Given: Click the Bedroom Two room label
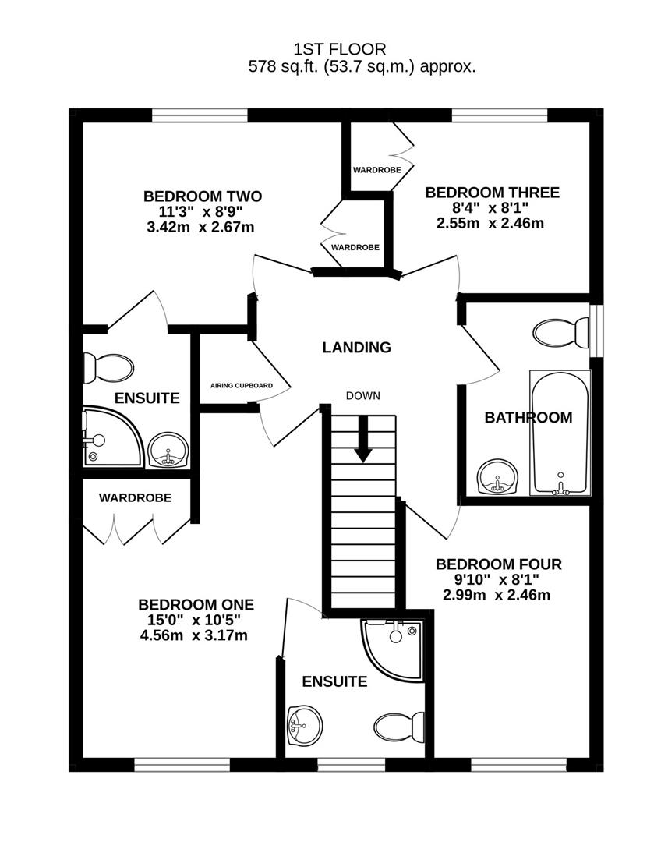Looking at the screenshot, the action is coord(203,196).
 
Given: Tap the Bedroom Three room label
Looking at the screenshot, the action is coord(493,193).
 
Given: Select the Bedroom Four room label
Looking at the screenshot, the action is coord(499,564).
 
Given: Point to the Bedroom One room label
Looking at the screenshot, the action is coord(196,605).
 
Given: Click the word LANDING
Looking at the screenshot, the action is coord(356,348).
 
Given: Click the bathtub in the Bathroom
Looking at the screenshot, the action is coord(560,432).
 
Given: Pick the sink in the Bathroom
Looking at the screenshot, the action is coord(499,476).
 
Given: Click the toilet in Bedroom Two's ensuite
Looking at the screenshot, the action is coord(108,368).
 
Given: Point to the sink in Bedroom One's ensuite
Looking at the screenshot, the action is coord(306,726).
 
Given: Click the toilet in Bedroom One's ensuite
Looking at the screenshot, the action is coord(400,727).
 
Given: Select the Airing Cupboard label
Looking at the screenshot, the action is coord(242,386).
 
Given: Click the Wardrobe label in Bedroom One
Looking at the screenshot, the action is coord(136,497).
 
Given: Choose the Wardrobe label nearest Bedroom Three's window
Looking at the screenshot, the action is coord(377,170).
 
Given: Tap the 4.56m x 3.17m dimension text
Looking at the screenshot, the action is coord(194,636).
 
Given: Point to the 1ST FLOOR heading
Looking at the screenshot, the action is coord(340,49).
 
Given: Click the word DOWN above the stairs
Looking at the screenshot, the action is coord(363,396).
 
